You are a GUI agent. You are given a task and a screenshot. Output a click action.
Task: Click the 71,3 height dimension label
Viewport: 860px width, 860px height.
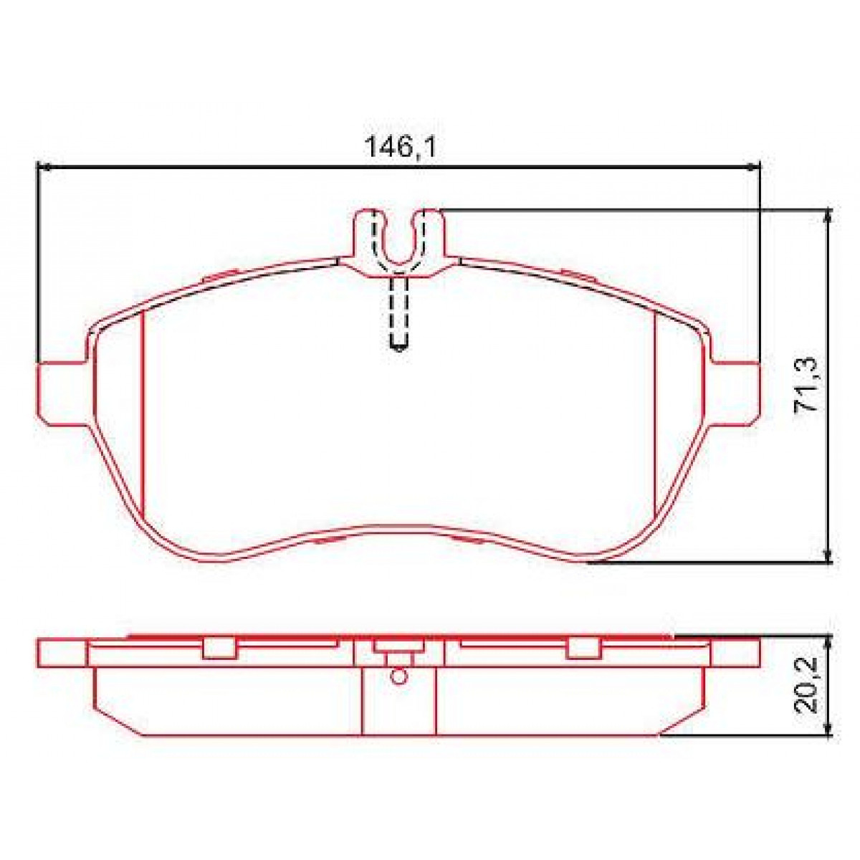click(x=808, y=385)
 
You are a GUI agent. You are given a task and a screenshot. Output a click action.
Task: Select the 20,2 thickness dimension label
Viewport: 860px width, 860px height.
click(x=808, y=687)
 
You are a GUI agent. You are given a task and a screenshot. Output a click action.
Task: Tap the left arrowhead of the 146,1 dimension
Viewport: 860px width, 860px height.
click(x=42, y=167)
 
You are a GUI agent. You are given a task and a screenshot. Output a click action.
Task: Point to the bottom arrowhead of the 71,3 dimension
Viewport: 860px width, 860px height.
click(x=829, y=558)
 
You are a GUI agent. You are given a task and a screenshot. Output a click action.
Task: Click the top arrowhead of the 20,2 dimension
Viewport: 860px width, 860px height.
click(x=829, y=639)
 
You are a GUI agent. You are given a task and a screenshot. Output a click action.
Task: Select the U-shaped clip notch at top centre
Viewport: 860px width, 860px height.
click(x=398, y=240)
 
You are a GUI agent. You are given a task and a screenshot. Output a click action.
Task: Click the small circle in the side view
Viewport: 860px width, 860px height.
click(x=398, y=674)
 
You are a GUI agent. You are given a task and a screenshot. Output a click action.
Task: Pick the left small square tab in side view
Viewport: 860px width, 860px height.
click(x=219, y=647)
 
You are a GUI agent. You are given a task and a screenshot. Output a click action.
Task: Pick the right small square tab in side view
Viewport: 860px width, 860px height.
click(x=582, y=647)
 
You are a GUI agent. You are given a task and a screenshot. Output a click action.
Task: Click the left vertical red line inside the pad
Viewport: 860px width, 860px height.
click(x=143, y=416)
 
